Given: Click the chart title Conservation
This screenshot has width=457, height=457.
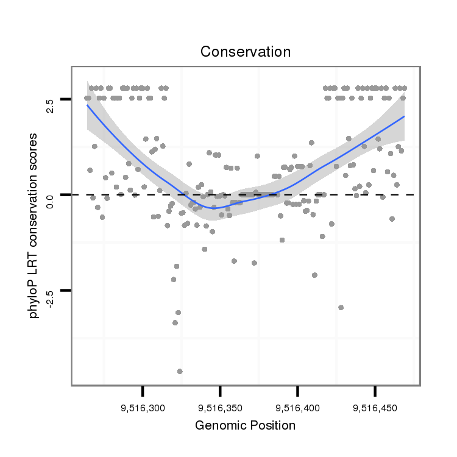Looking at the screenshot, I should click(x=246, y=52).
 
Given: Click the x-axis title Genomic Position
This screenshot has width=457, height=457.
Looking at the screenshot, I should click(x=245, y=425).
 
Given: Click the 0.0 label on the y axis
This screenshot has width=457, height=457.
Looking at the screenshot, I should click(x=51, y=195).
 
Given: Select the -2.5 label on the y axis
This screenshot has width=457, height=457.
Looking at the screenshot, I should click(x=51, y=291).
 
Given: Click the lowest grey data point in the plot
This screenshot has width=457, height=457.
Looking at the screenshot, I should click(x=180, y=371).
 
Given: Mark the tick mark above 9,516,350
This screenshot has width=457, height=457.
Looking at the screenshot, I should click(x=220, y=391).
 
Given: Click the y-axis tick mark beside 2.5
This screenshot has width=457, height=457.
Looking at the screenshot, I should click(x=65, y=99).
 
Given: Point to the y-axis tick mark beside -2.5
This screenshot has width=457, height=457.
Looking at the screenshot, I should click(x=65, y=291).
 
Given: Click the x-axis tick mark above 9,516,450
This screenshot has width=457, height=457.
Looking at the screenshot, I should click(x=375, y=391).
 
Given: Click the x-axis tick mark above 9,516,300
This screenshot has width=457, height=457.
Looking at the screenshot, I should click(x=143, y=391).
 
